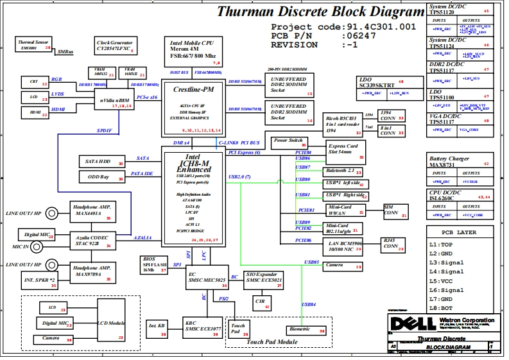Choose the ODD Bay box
click(x=102, y=176)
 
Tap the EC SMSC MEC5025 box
click(x=207, y=277)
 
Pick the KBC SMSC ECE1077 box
click(x=202, y=327)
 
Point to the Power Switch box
click(x=289, y=141)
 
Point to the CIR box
click(x=262, y=302)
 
